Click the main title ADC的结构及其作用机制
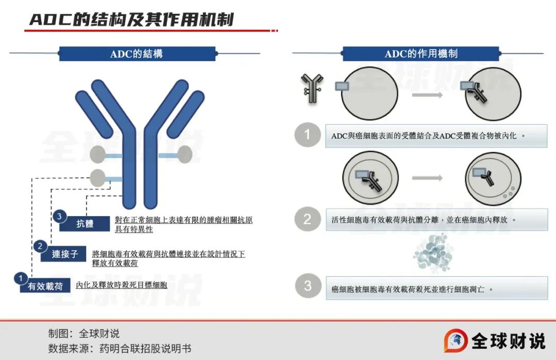[x=132, y=20]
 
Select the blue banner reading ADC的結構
[x=137, y=54]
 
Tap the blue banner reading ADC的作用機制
[x=421, y=54]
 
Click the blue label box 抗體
[x=85, y=224]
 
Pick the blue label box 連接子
[x=64, y=254]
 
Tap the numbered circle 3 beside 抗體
[x=59, y=217]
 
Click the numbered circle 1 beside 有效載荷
[x=20, y=279]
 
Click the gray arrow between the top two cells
[x=428, y=95]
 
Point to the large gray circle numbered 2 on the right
[x=307, y=219]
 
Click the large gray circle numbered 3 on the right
[x=307, y=285]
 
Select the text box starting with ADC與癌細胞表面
[x=436, y=136]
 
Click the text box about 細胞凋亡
[x=436, y=288]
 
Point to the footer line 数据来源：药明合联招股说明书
[x=120, y=349]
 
